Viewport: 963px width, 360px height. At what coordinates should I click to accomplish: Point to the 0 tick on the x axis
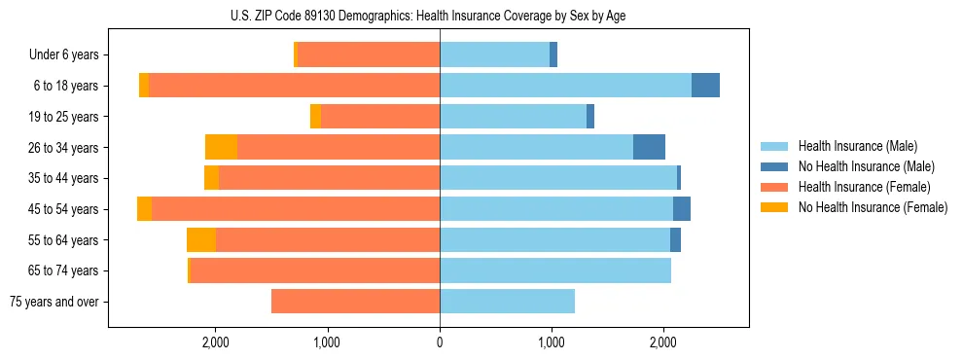tap(440, 342)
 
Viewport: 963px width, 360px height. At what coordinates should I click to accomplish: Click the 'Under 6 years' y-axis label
tap(63, 55)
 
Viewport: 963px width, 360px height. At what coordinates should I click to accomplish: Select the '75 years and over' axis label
tap(53, 302)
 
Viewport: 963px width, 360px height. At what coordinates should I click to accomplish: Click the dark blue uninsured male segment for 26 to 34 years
tap(649, 147)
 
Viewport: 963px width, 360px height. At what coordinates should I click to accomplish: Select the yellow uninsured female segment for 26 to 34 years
tap(221, 147)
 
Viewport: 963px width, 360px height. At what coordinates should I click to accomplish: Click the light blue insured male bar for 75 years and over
tap(507, 302)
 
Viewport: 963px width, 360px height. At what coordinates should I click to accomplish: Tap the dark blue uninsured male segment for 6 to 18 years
tap(705, 86)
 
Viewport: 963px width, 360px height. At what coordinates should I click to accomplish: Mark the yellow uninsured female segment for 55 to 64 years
tap(201, 240)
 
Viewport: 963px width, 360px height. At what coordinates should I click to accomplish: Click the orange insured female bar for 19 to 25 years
tap(380, 117)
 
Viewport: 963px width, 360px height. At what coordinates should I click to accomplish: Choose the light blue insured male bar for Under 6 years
tap(494, 55)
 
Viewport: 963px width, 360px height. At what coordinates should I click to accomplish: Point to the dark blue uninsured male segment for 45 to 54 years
tap(682, 209)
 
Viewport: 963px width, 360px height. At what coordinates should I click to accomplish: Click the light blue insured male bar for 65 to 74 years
tap(555, 270)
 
